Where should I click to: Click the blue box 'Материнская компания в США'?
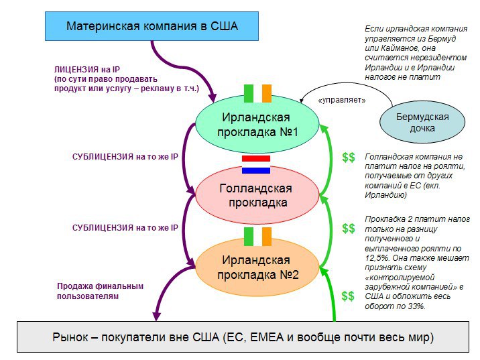152,26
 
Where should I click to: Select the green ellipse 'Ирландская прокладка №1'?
257,124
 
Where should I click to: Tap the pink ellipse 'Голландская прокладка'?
257,195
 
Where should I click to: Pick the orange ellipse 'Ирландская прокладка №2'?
257,267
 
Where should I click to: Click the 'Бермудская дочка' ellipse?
422,122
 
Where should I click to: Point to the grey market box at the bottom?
243,337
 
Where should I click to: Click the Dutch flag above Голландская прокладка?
256,164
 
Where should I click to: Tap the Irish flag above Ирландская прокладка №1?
257,93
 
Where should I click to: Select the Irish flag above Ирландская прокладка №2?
257,237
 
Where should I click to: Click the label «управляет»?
342,100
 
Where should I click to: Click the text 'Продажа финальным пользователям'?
100,291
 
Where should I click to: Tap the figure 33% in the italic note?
416,306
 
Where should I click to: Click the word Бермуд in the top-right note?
442,39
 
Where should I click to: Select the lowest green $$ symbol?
348,296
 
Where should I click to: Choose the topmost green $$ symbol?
349,158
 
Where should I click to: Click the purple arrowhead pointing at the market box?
156,316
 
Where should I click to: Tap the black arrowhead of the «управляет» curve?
302,101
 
